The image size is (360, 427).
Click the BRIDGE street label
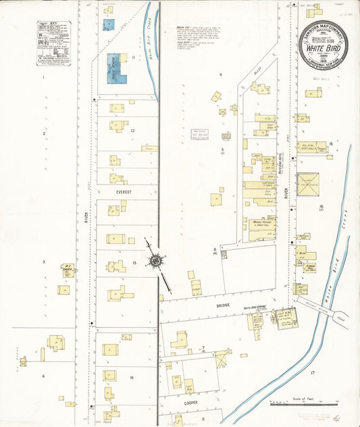222,305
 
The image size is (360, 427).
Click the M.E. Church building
68,270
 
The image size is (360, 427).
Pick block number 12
132,130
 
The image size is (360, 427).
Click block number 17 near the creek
313,373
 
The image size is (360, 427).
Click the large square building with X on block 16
307,184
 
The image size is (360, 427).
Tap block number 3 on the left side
44,261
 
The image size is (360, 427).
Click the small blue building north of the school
108,25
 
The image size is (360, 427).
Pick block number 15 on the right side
330,144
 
